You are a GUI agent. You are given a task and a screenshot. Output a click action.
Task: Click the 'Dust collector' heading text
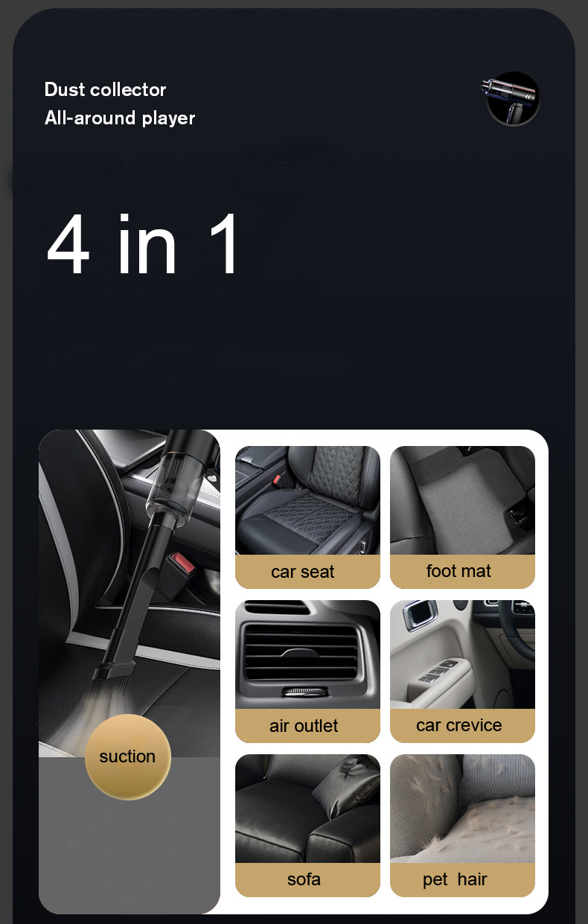coord(105,89)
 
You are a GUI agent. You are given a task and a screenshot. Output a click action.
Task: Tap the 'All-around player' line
coord(120,118)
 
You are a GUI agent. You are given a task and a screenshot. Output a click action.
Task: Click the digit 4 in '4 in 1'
coord(68,243)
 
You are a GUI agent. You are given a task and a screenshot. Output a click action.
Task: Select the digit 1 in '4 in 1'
coord(225,243)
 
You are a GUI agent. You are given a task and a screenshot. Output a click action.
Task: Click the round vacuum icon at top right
coord(513,98)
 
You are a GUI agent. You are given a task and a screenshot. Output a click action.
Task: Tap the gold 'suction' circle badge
coord(128,756)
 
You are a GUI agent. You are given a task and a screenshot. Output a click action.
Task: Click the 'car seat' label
coord(303,572)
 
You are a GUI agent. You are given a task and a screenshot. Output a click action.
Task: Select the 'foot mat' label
coord(458,571)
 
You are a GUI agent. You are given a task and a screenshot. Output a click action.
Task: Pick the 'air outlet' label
coord(304,726)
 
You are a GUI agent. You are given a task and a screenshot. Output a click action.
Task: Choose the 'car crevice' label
coord(459,724)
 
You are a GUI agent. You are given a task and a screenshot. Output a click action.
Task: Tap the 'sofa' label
coord(304,879)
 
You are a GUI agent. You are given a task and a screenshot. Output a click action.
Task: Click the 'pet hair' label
coord(455,879)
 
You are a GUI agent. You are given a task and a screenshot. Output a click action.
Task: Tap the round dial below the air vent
coord(305,692)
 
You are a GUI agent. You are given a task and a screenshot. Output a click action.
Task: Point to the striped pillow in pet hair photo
coord(497,775)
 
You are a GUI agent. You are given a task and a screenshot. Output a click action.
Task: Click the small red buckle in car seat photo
coord(277,479)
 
